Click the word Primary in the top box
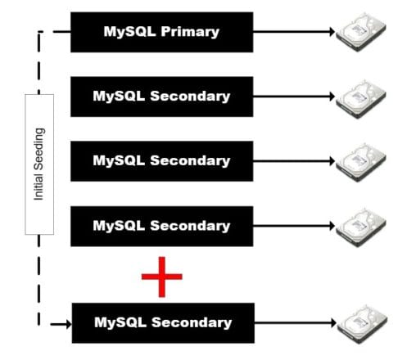pos(190,32)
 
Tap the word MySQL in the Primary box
pos(129,31)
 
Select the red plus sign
pos(162,277)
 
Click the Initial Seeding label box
pos(39,164)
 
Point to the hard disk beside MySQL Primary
pos(361,32)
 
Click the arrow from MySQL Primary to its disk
pos(294,32)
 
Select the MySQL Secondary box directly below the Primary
pos(162,97)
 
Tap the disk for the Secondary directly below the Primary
pos(361,99)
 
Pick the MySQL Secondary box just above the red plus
pos(162,227)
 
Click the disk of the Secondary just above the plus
pos(361,228)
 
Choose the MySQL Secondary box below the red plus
pos(163,323)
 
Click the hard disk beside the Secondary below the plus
pos(362,324)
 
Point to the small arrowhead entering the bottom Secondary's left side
pos(69,324)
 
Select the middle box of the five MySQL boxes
pos(162,161)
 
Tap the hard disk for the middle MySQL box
pos(361,163)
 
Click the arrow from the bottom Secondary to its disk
pos(296,323)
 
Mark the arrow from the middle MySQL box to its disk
pos(294,161)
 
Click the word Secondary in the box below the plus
pos(192,322)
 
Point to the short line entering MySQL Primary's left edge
pos(62,32)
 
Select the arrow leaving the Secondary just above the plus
pos(294,226)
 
